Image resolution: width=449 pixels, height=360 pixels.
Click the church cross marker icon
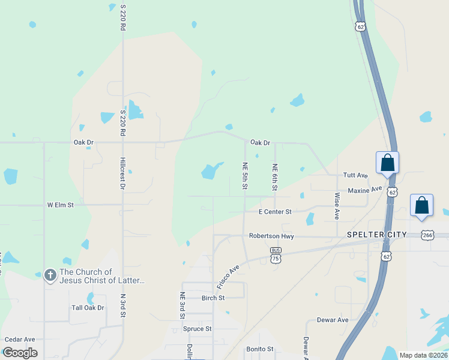point(50,276)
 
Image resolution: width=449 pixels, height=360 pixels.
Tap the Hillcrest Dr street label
point(122,174)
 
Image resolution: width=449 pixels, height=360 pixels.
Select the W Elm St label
point(60,205)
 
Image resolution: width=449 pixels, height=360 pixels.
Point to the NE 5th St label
point(245,176)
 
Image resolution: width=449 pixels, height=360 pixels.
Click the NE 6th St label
point(275,178)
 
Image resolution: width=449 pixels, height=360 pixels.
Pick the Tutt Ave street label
point(355,175)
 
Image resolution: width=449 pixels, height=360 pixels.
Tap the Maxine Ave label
point(365,190)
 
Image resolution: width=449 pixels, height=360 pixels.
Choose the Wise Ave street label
point(337,205)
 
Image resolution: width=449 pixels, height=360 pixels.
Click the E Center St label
point(275,212)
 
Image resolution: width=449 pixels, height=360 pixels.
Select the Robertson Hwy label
point(271,236)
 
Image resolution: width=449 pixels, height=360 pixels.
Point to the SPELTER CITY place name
point(377,234)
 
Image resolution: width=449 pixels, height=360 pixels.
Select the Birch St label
point(213,298)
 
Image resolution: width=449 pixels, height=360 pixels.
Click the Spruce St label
point(197,329)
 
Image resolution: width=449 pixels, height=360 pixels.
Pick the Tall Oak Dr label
point(88,308)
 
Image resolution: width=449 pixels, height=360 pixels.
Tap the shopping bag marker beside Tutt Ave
point(388,163)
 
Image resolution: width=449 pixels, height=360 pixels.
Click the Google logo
point(20,353)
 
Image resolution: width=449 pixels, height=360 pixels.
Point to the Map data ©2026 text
point(423,355)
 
